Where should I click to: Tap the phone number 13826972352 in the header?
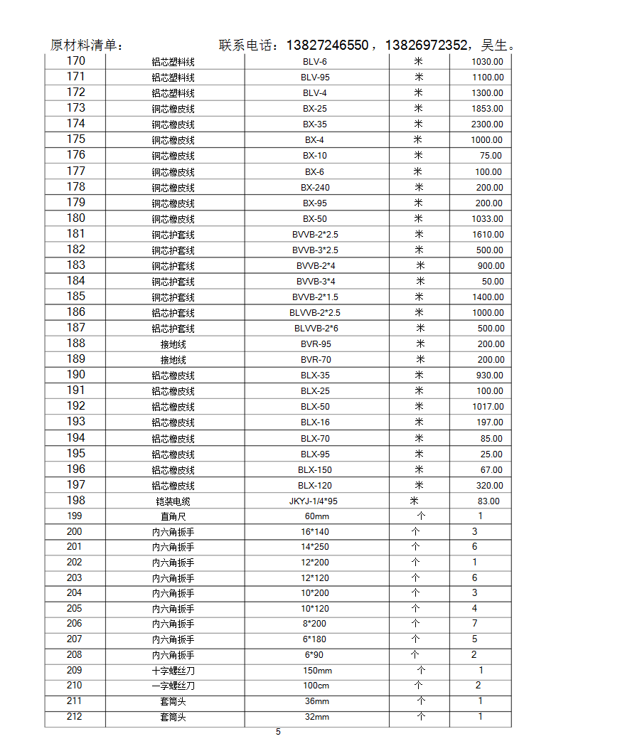click(x=427, y=46)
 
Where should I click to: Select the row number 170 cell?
click(x=75, y=61)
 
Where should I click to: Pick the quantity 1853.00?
click(x=487, y=109)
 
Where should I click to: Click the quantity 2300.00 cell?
click(x=487, y=124)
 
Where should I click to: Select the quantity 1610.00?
click(x=487, y=234)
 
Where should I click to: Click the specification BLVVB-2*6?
click(x=316, y=328)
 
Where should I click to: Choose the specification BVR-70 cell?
click(x=316, y=359)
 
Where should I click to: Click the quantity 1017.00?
click(x=487, y=407)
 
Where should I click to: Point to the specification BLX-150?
click(x=315, y=469)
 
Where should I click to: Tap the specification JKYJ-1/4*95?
click(x=314, y=501)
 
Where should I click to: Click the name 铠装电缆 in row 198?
click(x=173, y=501)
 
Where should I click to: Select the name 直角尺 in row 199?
click(x=173, y=516)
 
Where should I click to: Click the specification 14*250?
click(x=315, y=547)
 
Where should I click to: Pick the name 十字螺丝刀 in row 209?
click(x=173, y=671)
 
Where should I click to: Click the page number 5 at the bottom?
click(x=278, y=732)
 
